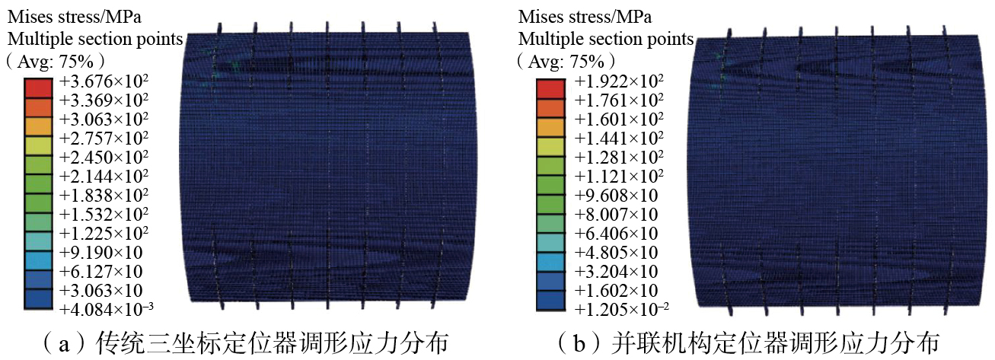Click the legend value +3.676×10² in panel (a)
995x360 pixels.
(104, 81)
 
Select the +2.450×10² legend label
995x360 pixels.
(104, 158)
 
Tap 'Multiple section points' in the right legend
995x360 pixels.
(606, 38)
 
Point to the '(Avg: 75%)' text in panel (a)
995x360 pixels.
(55, 59)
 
